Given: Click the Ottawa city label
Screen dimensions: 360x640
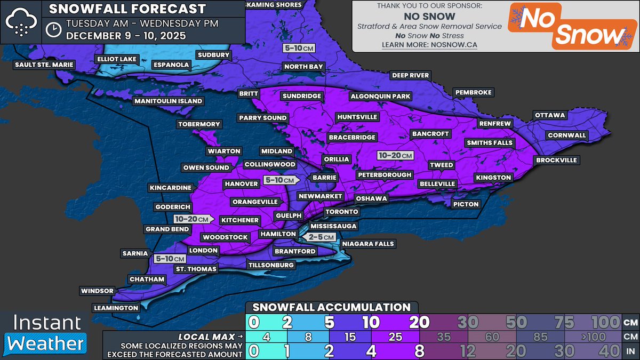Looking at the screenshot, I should pos(549,115).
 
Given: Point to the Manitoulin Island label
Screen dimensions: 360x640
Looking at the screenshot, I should pos(168,101).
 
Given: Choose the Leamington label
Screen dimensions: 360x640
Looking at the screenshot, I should pos(116,308).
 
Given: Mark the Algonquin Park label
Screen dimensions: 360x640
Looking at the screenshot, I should pos(380,97).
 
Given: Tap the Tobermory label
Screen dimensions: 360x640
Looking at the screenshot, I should pos(199,124).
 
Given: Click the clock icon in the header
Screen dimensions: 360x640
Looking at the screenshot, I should pos(53,29).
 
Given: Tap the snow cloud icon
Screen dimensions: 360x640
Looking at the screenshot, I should pos(21,22).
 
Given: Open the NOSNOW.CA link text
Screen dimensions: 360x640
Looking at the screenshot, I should pos(429,45).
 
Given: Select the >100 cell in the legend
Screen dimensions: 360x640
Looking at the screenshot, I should pos(598,337).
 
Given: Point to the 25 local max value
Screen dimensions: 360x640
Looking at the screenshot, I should pos(396,337).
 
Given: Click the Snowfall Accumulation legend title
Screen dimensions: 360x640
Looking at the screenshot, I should pos(331,307).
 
